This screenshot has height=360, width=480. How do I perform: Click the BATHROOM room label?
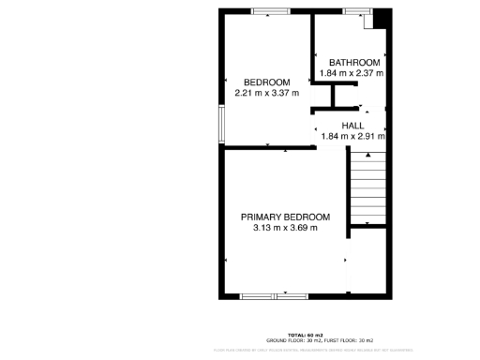353,62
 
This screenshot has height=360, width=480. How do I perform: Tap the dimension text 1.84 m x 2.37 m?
352,72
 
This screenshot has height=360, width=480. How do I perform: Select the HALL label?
352,126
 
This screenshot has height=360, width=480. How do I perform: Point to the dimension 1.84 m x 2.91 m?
353,136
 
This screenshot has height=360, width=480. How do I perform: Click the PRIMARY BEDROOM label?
285,217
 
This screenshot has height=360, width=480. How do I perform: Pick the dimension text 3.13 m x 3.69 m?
285,227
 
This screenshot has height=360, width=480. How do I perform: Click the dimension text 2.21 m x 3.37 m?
266,92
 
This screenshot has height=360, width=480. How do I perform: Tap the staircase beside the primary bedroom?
367,191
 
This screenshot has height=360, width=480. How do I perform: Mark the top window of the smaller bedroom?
270,11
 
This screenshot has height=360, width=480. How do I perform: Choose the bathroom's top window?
355,11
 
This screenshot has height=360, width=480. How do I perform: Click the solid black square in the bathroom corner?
382,19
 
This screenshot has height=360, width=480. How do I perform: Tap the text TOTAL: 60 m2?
306,334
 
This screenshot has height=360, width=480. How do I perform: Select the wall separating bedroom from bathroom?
313,56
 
